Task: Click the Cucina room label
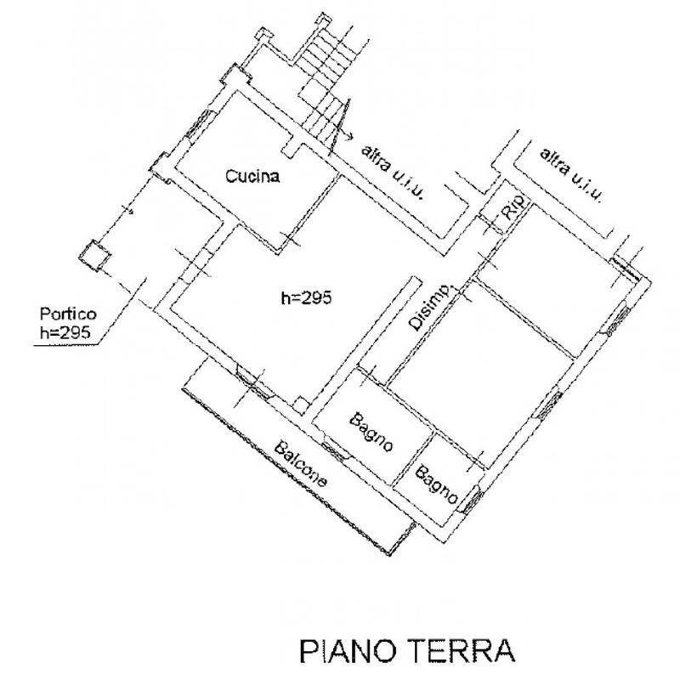[253, 177]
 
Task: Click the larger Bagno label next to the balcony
[371, 432]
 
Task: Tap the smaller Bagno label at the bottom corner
[436, 484]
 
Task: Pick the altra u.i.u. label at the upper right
[571, 176]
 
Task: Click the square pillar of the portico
[94, 253]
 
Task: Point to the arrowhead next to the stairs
[349, 136]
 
